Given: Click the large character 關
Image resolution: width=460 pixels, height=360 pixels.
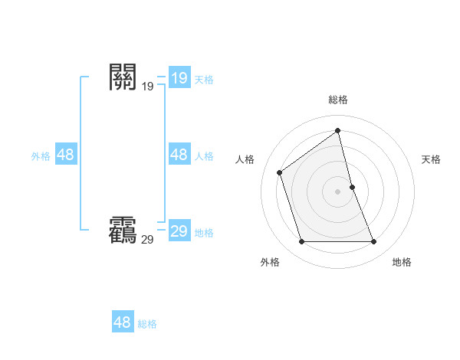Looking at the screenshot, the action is click(x=123, y=77).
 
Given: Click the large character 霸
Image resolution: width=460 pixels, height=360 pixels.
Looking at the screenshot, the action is click(x=123, y=230).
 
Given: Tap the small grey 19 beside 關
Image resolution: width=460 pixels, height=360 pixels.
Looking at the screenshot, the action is click(x=147, y=87).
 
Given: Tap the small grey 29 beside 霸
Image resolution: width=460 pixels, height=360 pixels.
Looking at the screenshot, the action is click(x=147, y=240).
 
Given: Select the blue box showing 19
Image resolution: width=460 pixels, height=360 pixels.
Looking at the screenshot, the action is click(x=179, y=77).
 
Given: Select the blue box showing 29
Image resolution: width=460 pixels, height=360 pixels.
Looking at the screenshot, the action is click(x=179, y=231).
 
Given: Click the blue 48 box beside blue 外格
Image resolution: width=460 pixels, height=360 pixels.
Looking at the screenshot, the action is click(x=65, y=155).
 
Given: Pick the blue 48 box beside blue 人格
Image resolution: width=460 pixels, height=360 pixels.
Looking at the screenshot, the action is click(x=179, y=155).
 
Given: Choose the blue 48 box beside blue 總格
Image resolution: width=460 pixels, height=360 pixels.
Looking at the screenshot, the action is click(x=122, y=322).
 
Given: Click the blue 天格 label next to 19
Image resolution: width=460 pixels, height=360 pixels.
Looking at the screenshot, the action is click(x=204, y=79).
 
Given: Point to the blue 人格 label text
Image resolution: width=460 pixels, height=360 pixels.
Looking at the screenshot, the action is click(x=204, y=156).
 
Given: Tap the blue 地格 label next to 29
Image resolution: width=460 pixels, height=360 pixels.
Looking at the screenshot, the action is click(x=204, y=233).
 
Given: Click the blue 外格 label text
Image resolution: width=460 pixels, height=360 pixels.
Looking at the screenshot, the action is click(x=41, y=156).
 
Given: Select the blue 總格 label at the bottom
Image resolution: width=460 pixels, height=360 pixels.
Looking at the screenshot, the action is click(x=147, y=324).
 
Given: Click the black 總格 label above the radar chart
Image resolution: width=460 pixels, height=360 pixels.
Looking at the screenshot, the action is click(x=338, y=100).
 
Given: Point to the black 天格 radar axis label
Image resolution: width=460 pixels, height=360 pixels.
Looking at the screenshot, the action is click(x=432, y=159).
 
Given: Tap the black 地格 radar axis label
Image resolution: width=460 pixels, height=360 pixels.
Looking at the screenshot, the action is click(x=402, y=262).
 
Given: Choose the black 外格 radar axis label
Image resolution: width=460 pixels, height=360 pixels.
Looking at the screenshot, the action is click(x=270, y=262).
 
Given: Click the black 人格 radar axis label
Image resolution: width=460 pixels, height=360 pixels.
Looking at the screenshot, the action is click(x=245, y=159).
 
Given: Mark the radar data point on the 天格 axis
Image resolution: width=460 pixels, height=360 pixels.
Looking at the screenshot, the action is click(x=352, y=187).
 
